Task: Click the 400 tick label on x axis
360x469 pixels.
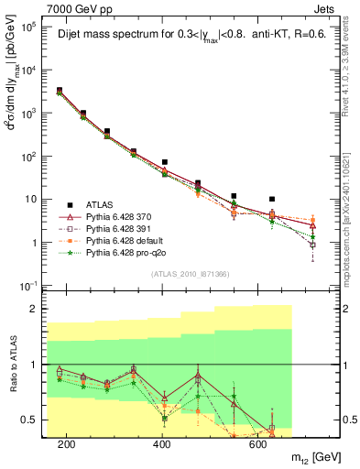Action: click(x=162, y=444)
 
